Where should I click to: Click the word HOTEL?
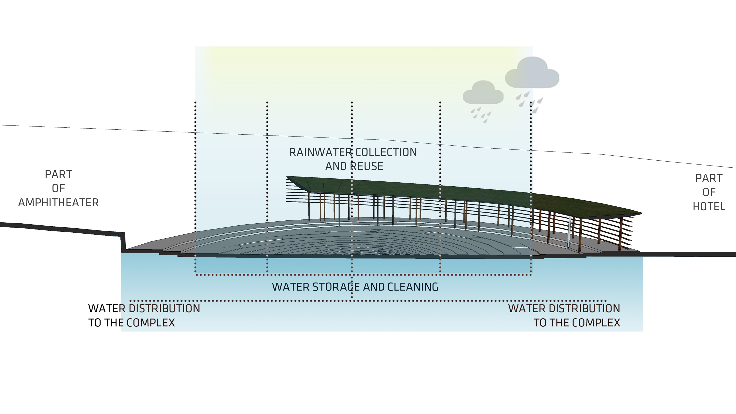tap(709, 206)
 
